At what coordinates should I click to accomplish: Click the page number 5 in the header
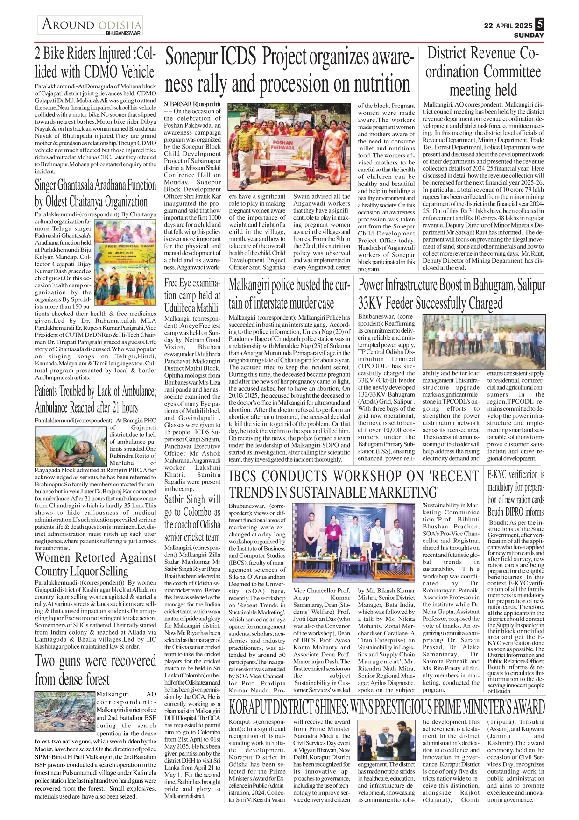539,24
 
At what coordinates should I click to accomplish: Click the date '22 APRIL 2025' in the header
508,26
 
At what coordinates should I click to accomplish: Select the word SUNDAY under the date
529,36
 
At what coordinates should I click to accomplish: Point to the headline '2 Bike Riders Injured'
95,63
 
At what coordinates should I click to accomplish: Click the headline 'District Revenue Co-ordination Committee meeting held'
483,71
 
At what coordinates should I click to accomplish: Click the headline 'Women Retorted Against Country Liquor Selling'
95,564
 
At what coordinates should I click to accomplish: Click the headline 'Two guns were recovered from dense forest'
95,670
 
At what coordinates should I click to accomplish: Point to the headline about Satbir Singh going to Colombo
192,518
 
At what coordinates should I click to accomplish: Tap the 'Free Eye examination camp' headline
192,295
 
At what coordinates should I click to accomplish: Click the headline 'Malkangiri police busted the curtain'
289,294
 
